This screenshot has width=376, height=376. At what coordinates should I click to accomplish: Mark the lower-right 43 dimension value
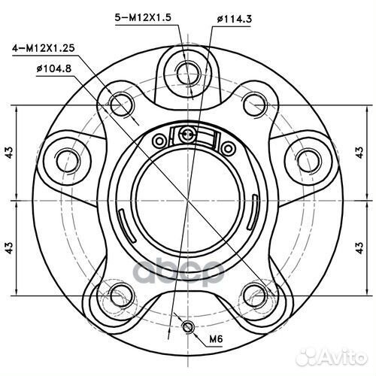tap(368, 246)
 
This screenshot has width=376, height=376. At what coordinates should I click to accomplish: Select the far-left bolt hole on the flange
tap(68, 159)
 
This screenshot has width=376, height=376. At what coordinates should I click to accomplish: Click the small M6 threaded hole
tap(188, 326)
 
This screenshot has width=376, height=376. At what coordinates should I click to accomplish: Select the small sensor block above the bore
tap(189, 135)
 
